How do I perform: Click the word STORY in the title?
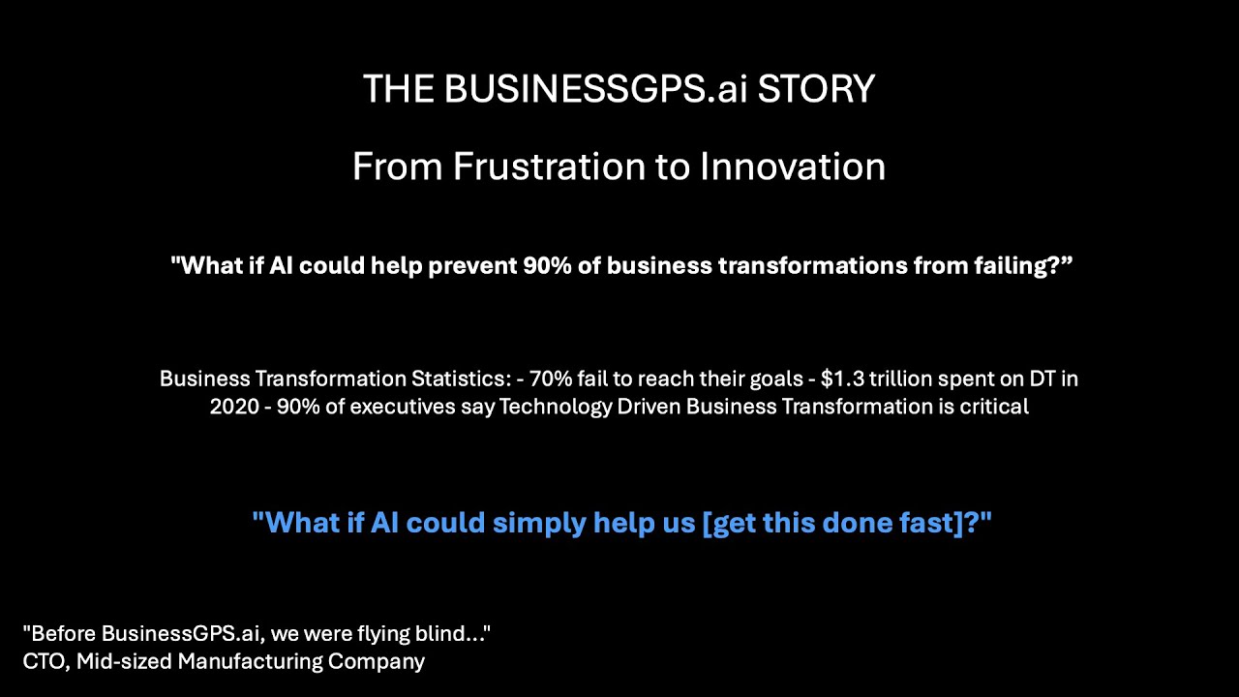(x=816, y=89)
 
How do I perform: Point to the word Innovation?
(x=793, y=167)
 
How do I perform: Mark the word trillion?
(x=899, y=379)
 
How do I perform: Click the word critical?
(x=993, y=407)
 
